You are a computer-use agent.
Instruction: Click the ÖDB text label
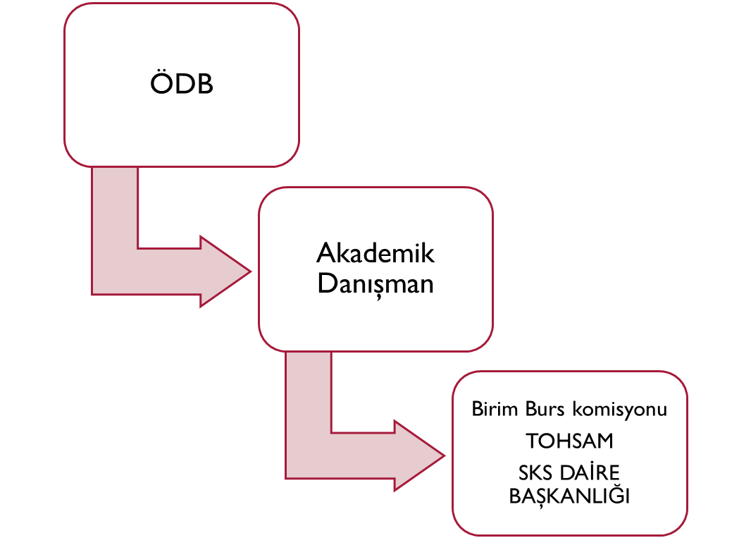click(x=182, y=85)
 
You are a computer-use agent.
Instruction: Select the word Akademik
click(x=375, y=253)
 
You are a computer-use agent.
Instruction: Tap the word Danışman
click(x=375, y=284)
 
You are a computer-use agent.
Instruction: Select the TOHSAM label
click(x=569, y=441)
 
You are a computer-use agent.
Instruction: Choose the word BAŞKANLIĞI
click(x=569, y=496)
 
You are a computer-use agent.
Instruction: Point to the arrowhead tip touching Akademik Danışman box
click(x=249, y=271)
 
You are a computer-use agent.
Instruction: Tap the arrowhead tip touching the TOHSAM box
click(x=444, y=456)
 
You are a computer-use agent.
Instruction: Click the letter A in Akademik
click(x=325, y=253)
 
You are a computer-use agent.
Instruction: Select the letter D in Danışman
click(x=325, y=284)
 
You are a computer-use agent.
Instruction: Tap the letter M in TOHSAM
click(x=603, y=441)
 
